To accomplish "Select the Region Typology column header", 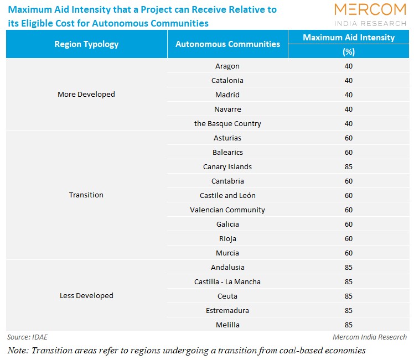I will pos(86,44).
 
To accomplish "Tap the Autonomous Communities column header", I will pos(227,44).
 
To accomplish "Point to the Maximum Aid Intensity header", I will pos(349,38).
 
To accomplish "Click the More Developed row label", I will pos(86,95).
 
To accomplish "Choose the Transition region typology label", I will pos(86,195).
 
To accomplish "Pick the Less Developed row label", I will pos(86,296).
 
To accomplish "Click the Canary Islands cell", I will pos(227,166).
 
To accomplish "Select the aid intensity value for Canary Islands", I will pos(348,166).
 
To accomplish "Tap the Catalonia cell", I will pos(227,80).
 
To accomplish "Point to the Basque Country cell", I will pos(227,123).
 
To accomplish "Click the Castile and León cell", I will pos(227,195).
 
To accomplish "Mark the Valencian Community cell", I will pos(227,210).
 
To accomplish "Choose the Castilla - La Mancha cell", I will pos(227,281).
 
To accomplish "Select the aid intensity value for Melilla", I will pos(348,325).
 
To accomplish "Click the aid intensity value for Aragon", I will pos(348,66).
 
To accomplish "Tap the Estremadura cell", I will pos(227,310).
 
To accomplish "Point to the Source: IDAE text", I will pos(28,337).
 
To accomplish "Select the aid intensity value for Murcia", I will pos(348,253).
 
